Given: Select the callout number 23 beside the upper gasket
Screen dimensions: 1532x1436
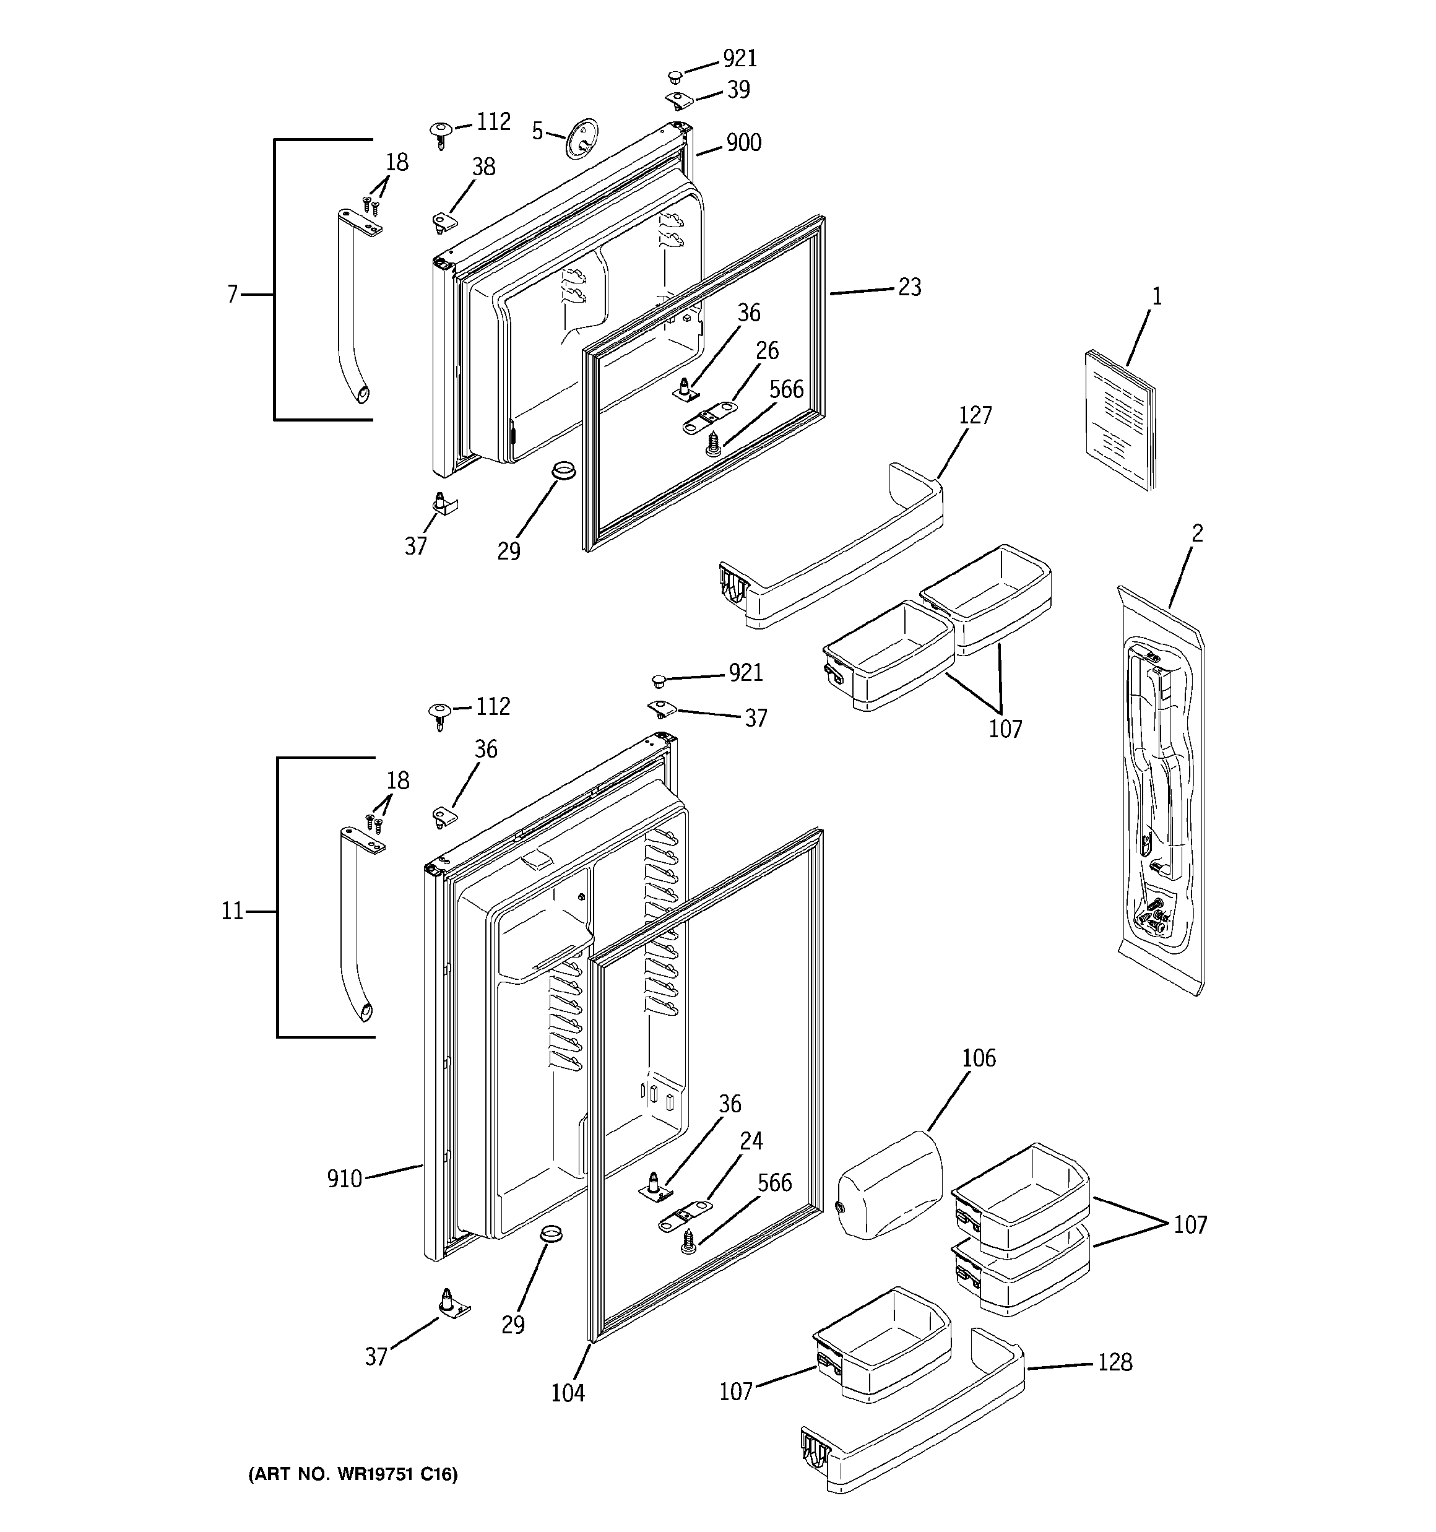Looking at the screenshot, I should pos(909,287).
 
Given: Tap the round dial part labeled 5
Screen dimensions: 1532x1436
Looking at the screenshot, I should pos(582,139).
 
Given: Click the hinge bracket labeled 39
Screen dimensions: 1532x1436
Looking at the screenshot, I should pos(679,100).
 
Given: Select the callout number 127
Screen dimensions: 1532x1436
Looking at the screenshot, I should pos(975,416).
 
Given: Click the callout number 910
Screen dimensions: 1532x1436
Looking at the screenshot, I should pos(344,1180).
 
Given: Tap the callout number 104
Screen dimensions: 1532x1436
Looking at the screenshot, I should pos(568,1393).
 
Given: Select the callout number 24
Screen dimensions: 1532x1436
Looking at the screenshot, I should pos(751,1141).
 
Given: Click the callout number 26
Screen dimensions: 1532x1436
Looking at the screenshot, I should pos(767,352).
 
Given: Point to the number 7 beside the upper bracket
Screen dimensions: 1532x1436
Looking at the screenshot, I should pos(232,295).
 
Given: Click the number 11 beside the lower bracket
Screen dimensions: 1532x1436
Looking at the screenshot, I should pos(232,912).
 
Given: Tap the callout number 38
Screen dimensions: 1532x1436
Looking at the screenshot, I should pos(483,167).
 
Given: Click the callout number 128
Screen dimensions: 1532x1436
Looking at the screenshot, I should pos(1115,1363).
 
